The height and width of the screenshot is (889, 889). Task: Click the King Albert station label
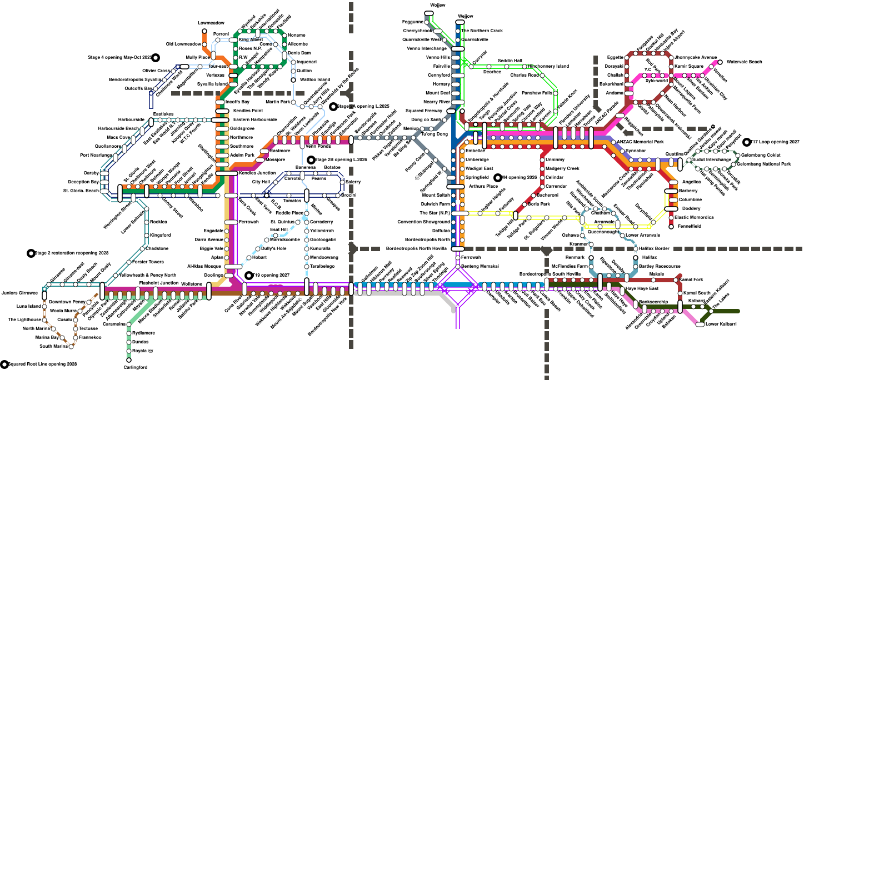click(251, 40)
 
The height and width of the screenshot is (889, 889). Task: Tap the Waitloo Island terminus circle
click(293, 79)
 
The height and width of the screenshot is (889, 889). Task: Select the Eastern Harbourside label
click(255, 119)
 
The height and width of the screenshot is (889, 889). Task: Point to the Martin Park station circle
click(294, 102)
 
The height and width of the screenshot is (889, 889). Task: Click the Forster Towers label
click(148, 262)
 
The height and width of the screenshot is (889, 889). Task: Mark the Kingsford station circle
click(147, 235)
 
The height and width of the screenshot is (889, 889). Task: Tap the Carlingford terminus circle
click(129, 360)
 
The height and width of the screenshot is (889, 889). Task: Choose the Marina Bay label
click(47, 337)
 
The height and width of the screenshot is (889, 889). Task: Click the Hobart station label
click(259, 257)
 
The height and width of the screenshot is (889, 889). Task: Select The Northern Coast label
click(482, 31)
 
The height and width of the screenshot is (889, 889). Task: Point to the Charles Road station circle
click(542, 75)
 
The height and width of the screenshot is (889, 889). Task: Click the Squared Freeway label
click(424, 111)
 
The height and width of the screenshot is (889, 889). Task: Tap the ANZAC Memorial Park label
click(640, 142)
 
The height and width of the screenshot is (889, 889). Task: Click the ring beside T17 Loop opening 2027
click(747, 142)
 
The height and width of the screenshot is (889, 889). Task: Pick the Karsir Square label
click(689, 66)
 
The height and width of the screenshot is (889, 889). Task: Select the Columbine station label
click(690, 199)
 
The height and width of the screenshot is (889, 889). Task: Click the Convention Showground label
click(423, 222)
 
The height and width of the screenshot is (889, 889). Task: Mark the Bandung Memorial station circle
click(458, 267)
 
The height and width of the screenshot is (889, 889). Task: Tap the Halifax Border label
click(655, 248)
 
